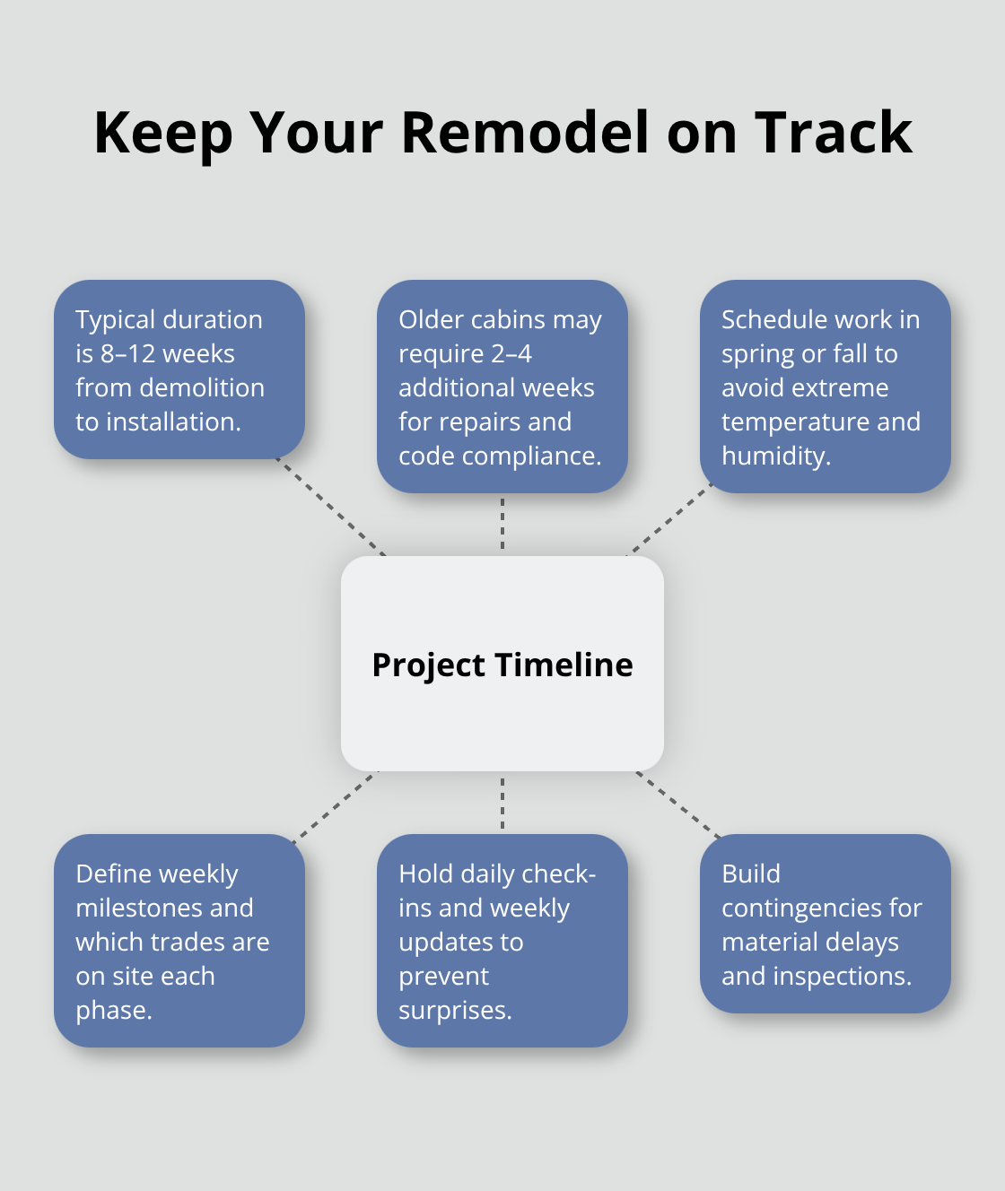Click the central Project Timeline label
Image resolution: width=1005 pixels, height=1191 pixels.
(502, 665)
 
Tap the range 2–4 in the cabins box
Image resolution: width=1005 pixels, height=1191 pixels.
(511, 353)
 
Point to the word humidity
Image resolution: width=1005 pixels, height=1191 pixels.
(775, 456)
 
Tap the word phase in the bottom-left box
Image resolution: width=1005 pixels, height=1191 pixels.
(112, 1011)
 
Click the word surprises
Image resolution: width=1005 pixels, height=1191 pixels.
(454, 1011)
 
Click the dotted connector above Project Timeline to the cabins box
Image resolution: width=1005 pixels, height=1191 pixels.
(502, 524)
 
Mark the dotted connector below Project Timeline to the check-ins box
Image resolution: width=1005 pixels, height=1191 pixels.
(502, 803)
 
